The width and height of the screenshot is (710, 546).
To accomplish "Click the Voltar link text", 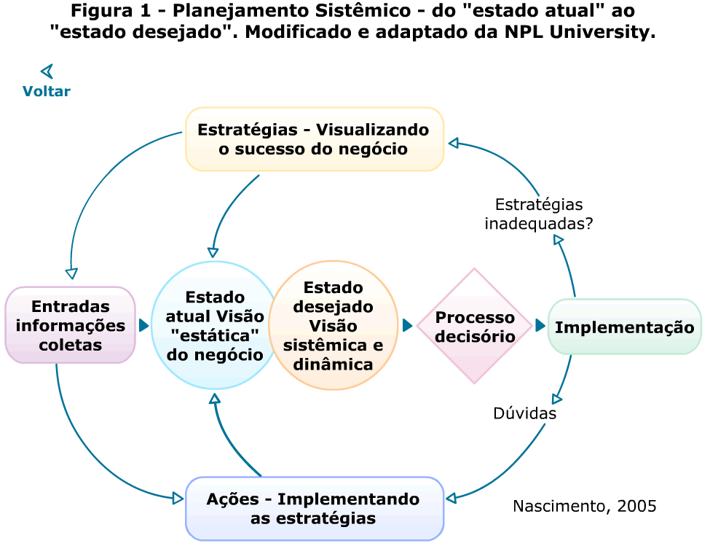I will tap(46, 91).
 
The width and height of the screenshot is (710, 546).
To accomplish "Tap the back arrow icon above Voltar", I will tap(47, 71).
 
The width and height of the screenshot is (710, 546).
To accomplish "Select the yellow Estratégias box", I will tap(314, 139).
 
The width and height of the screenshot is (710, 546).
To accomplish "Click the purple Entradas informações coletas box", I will tap(70, 325).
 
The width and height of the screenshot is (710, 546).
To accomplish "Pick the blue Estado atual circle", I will tap(215, 326).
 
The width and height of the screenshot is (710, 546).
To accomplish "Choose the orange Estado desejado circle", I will tap(333, 325).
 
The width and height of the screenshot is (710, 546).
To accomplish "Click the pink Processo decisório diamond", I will tap(475, 327).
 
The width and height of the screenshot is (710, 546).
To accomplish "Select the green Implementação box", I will tap(624, 327).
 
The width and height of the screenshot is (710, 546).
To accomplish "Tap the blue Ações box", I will tap(314, 508).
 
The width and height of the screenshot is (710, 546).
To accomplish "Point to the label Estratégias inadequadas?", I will tap(538, 214).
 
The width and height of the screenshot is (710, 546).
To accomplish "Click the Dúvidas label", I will tap(524, 413).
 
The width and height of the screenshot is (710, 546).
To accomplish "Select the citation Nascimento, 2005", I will tap(584, 506).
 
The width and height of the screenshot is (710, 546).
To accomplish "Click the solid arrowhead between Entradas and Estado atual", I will tap(143, 325).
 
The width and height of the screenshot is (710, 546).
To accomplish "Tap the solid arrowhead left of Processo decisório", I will tap(407, 325).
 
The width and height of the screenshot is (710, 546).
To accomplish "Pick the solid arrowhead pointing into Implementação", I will tap(540, 325).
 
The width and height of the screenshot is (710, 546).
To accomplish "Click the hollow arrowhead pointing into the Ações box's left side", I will tap(178, 499).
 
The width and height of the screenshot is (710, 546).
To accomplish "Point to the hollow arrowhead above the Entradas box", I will tap(71, 273).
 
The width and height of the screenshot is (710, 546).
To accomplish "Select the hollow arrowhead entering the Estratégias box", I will tap(453, 143).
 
